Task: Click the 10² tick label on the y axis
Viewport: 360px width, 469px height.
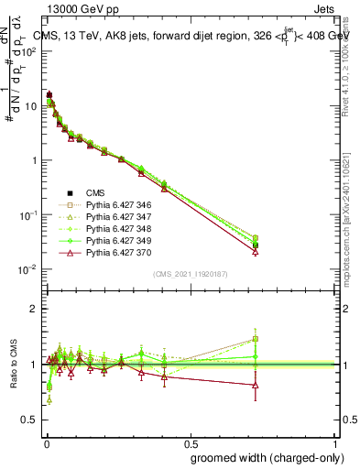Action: click(29, 51)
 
